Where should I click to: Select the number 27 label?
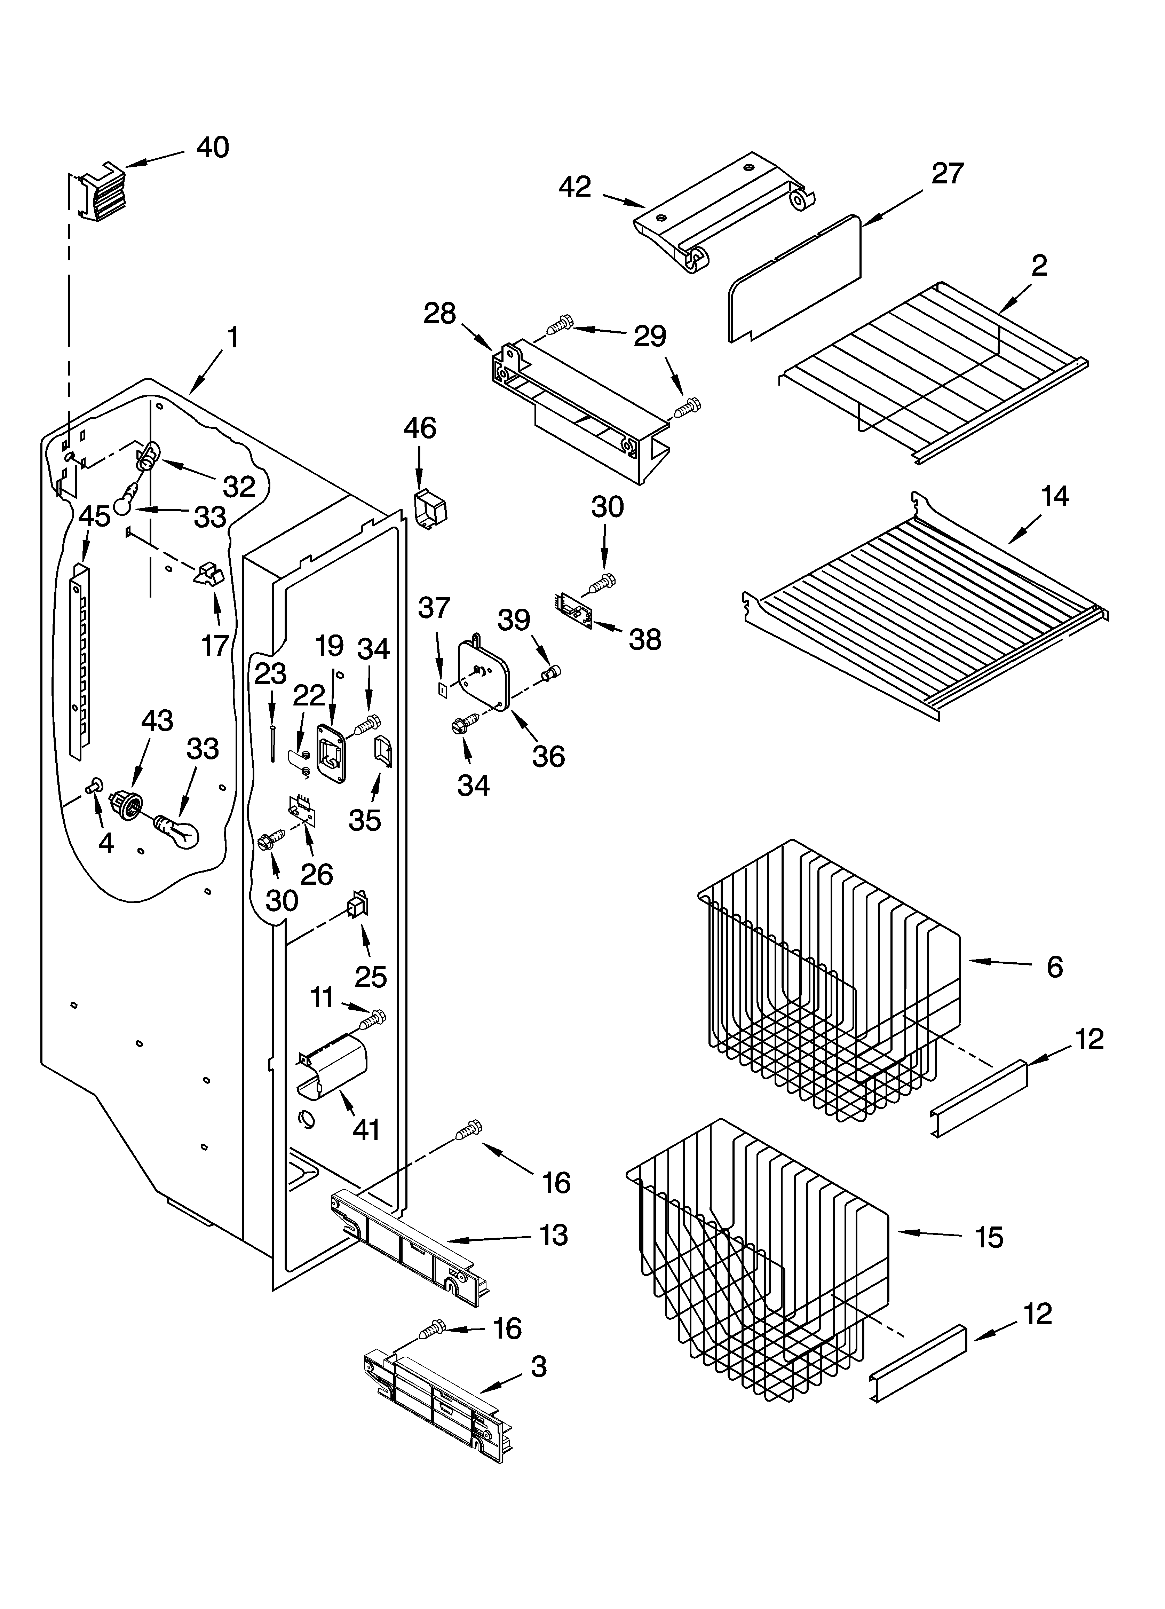[948, 174]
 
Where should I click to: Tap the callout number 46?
[420, 428]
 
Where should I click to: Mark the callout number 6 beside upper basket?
[1054, 967]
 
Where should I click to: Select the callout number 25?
[370, 977]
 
